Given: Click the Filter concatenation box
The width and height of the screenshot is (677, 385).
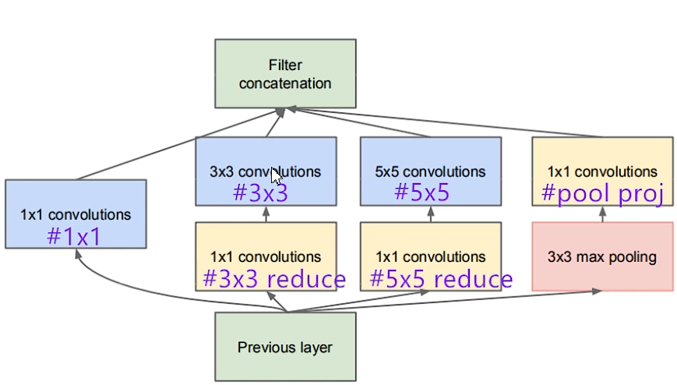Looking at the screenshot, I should (x=285, y=73).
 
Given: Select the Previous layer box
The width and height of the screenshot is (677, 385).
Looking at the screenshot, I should (x=285, y=347).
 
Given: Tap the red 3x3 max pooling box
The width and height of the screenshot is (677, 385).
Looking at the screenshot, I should (x=602, y=256).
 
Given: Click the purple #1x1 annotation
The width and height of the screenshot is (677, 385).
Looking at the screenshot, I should (x=74, y=236).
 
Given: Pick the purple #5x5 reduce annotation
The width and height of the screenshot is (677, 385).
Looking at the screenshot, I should (x=441, y=278).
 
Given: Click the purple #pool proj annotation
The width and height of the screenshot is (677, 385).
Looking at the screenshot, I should (x=601, y=193).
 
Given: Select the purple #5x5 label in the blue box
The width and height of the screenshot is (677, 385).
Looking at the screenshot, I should (x=421, y=192).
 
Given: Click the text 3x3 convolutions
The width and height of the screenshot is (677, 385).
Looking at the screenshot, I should (x=266, y=171).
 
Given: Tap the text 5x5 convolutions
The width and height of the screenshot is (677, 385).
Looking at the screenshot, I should (x=430, y=171).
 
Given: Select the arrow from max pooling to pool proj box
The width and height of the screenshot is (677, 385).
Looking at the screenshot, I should (x=602, y=214).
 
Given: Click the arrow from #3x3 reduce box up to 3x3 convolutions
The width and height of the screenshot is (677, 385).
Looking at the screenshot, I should (x=266, y=214).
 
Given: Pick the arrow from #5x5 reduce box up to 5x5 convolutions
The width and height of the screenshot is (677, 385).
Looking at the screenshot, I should (x=430, y=214).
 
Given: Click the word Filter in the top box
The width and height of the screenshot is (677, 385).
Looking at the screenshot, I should (x=285, y=65).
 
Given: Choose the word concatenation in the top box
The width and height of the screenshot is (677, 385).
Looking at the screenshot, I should (x=285, y=83).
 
